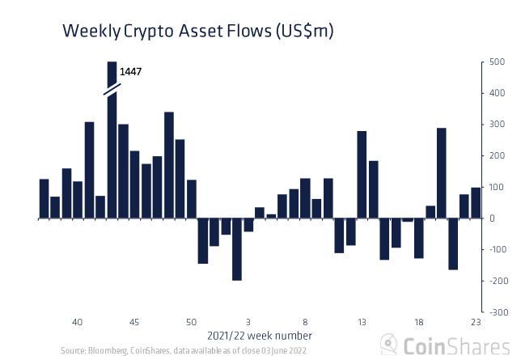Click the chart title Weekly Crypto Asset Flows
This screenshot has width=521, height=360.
point(198,32)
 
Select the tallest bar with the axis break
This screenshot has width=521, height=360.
point(112,146)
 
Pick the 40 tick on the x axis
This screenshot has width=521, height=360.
point(78,322)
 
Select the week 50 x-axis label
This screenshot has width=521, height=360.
point(191,322)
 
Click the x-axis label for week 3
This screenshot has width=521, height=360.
point(248,322)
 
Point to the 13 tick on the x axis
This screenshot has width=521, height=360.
point(362,322)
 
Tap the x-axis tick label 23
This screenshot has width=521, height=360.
point(476,322)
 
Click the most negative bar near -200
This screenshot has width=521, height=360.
point(237,249)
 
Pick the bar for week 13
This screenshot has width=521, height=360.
point(362,175)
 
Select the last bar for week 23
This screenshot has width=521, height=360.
point(476,203)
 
